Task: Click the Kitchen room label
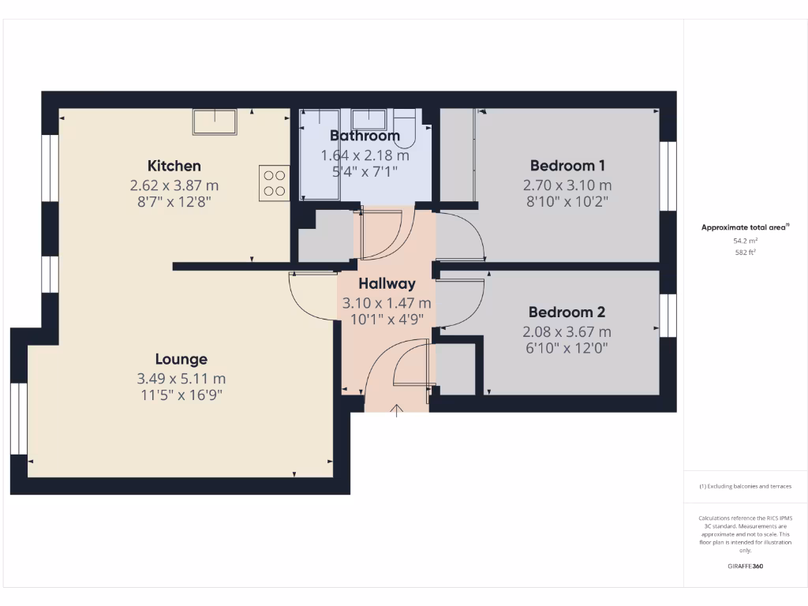coord(174,166)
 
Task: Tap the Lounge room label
coord(181,359)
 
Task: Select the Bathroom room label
coord(365,136)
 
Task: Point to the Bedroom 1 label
coord(567,166)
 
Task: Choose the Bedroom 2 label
coord(567,312)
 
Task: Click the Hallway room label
coord(387,284)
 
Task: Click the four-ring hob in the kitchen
coord(275,183)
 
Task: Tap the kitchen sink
coord(215,122)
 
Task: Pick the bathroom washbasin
coord(368,119)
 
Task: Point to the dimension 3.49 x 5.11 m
coord(181,379)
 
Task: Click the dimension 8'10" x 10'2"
coord(567,201)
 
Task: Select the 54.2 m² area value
coord(746,241)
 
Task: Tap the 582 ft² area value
coord(746,252)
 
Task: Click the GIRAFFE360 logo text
coord(746,567)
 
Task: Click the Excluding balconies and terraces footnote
coord(746,486)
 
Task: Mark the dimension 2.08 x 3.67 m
coord(567,332)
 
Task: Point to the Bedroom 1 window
coord(668,176)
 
